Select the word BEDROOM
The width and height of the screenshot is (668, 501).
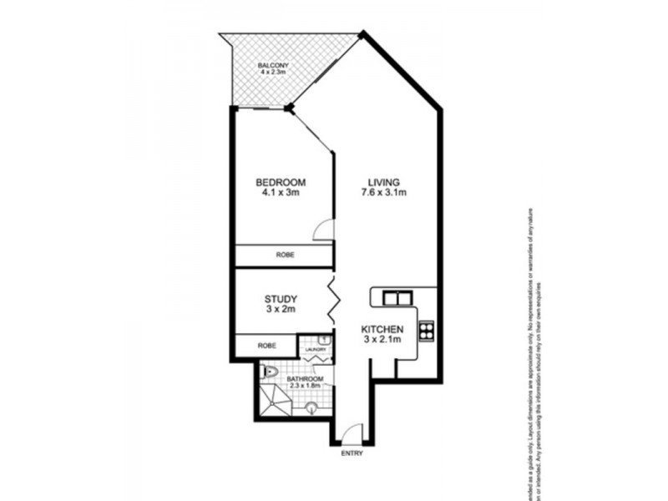[x=281, y=183]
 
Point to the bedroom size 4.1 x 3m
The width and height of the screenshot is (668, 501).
[x=281, y=194]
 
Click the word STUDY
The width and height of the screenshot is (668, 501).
[x=281, y=298]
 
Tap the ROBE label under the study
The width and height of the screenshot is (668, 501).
[x=266, y=344]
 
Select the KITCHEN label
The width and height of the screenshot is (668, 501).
[x=383, y=330]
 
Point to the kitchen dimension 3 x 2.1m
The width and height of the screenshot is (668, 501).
[x=383, y=341]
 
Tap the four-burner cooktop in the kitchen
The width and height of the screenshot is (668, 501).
[x=427, y=330]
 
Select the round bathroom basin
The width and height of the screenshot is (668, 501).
[x=311, y=407]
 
